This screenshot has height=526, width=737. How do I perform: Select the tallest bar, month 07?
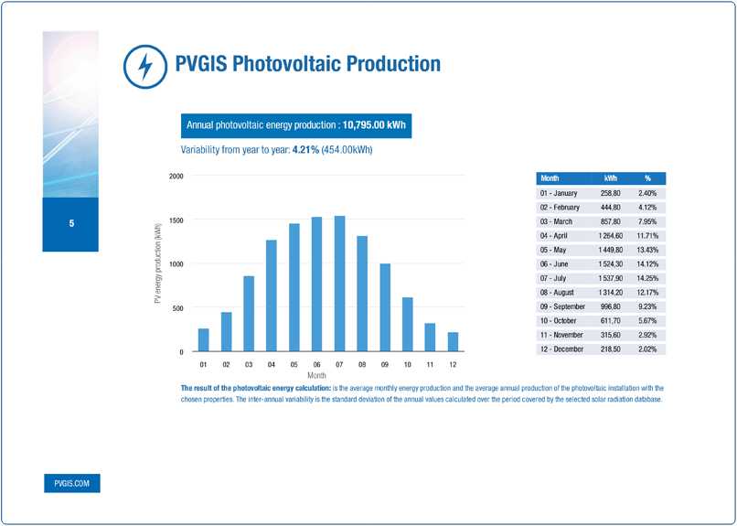coord(340,284)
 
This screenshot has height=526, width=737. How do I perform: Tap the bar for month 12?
coord(453,342)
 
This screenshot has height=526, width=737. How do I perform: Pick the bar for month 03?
coord(249,314)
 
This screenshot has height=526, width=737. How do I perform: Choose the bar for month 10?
coord(408,325)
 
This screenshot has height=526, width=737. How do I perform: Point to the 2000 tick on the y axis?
coord(176,176)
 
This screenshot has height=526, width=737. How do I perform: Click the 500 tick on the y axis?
coord(177,308)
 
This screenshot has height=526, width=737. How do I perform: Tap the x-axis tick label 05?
coord(294,364)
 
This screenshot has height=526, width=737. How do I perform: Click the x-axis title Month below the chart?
coord(317,375)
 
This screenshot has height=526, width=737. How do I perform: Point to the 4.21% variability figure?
coord(305,150)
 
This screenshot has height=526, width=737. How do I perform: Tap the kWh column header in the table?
coord(610,178)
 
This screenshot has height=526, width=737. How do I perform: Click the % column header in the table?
coord(647,178)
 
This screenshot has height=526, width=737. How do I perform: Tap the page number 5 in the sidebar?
coord(70,224)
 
